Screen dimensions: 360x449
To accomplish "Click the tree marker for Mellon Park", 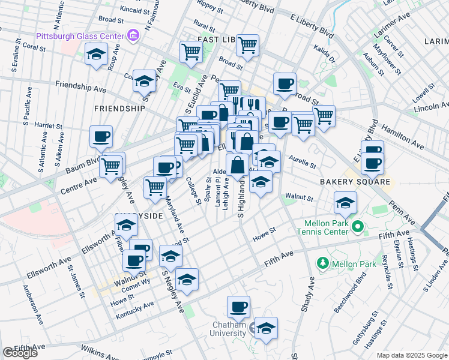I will (323, 263).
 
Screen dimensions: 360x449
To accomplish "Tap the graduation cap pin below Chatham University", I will (266, 329).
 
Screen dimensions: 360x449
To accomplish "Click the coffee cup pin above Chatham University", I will (238, 308).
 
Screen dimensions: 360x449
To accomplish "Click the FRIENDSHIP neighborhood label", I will (119, 109).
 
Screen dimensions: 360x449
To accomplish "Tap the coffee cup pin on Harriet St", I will (101, 136).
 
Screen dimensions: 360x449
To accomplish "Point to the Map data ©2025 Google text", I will (412, 355).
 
